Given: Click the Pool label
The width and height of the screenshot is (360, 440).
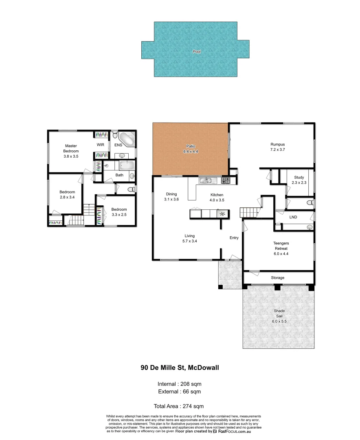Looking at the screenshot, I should (x=197, y=52).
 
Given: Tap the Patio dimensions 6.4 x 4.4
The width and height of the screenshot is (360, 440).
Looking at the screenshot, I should (x=190, y=152).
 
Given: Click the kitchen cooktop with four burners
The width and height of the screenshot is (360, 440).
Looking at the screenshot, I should (x=226, y=180).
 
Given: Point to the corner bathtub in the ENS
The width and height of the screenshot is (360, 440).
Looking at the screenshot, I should (x=127, y=139).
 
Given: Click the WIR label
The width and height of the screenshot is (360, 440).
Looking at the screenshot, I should (x=101, y=145).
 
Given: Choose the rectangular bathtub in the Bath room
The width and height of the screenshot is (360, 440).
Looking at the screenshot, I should (x=126, y=165).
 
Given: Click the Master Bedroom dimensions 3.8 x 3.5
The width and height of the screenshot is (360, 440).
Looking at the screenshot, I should (x=71, y=156).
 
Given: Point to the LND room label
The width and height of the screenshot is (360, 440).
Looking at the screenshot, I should (x=293, y=217).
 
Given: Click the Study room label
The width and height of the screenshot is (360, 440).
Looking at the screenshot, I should (x=299, y=177).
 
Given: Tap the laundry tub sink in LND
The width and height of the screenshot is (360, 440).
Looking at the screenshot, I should (x=310, y=227).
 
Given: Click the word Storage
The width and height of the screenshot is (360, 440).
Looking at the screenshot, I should (x=278, y=277).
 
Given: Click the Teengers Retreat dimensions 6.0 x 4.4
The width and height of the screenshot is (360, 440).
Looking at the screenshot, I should (x=281, y=253).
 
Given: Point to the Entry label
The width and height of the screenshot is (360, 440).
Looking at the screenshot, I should (x=234, y=238).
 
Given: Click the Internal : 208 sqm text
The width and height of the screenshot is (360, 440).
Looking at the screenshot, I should (x=180, y=384).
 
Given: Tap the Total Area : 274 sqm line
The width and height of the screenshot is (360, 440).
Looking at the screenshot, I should (x=179, y=406).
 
